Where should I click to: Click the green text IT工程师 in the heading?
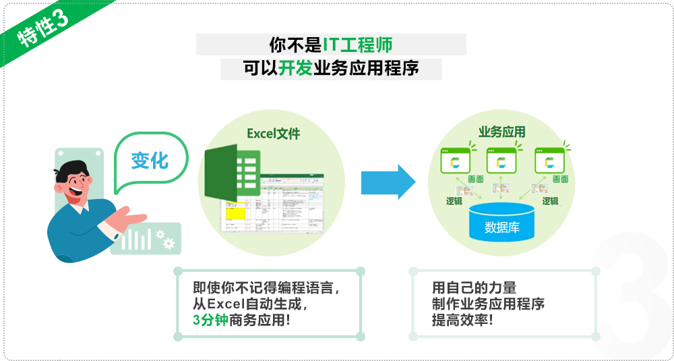point(357,45)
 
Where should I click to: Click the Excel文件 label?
point(273,134)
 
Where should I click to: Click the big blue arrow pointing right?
point(388,182)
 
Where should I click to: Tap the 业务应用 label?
point(501,132)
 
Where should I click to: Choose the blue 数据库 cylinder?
point(501,223)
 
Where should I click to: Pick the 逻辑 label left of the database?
point(455,200)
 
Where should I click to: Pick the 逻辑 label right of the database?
point(550,200)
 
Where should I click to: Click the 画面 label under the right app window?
point(559,179)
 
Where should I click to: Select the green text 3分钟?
point(210,321)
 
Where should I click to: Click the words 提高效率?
point(462,321)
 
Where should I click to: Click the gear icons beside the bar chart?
point(164,238)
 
